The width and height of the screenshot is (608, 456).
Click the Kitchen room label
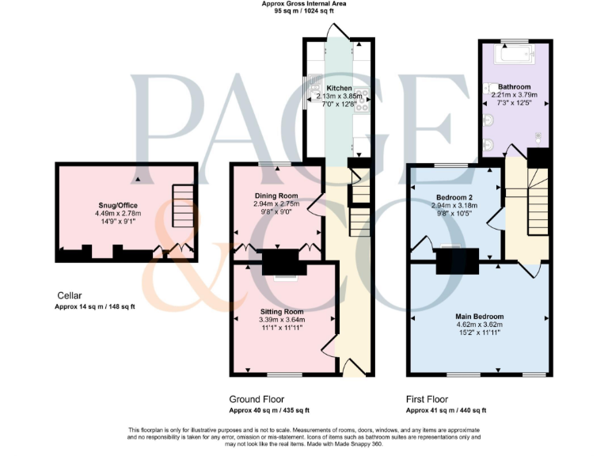point(339,88)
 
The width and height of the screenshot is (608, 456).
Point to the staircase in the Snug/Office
point(183,205)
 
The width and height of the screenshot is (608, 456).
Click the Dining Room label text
point(276,196)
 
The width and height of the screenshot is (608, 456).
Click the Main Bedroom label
point(481,317)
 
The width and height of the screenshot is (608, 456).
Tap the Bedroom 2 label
point(455,197)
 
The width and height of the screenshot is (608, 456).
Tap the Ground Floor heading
point(256,399)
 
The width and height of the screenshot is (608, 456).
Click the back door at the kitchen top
point(338,31)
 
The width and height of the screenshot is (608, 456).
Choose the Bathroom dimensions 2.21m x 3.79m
point(514,95)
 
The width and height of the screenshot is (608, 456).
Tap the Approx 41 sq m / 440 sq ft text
point(446,410)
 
